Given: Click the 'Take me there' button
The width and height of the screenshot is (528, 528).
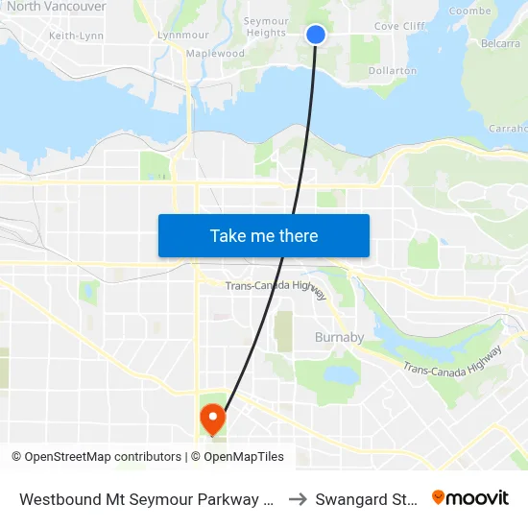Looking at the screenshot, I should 264,235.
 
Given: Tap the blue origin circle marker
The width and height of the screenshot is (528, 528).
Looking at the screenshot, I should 315,35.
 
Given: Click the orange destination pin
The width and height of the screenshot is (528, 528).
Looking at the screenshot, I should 211,420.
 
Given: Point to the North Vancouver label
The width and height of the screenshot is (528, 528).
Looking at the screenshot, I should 56,7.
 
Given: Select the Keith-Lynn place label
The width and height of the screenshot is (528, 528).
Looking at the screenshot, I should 76,36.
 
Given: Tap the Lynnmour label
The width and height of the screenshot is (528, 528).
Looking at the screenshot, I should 183,36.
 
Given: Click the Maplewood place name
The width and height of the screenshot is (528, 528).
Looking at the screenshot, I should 216,54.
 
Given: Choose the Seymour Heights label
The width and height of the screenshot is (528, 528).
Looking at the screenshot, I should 265,26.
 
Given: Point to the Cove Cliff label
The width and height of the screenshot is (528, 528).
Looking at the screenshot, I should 399,27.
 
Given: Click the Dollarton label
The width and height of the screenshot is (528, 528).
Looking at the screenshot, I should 392,70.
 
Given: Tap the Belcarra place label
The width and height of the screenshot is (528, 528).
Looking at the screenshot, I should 500,43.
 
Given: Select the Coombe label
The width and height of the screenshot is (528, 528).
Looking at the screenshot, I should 469,11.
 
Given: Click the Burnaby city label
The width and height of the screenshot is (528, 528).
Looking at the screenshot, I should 339,337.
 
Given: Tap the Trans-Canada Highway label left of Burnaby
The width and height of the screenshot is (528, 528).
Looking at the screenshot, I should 276,285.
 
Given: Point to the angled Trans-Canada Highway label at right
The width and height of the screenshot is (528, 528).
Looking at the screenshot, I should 452,359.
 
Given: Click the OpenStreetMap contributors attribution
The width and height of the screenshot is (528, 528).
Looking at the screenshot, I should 97,457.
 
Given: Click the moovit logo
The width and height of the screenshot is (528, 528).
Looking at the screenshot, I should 470,497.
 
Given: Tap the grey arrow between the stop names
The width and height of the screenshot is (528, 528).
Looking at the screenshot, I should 297,499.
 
